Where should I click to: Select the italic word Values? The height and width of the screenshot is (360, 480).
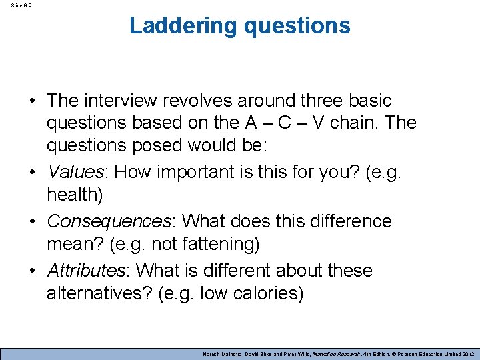(x=73, y=172)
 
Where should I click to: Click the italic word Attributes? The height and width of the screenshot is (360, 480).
(x=85, y=270)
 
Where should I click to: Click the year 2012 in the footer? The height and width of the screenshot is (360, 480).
(x=463, y=353)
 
